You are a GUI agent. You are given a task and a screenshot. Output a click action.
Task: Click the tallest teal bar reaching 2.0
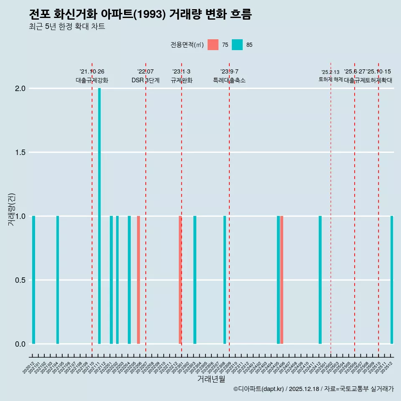click(x=99, y=216)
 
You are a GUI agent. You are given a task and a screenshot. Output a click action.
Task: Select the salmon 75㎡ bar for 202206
click(x=138, y=280)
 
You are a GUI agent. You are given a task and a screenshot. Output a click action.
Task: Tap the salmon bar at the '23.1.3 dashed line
click(x=180, y=280)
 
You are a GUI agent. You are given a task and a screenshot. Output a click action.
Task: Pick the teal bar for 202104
click(x=58, y=280)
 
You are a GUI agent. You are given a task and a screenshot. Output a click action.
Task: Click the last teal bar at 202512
click(x=392, y=280)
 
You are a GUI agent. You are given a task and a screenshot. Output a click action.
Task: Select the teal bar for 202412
click(x=320, y=280)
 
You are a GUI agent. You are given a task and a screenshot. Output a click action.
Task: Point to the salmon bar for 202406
click(x=282, y=280)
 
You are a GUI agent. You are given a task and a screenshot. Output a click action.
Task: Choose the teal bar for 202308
click(x=225, y=280)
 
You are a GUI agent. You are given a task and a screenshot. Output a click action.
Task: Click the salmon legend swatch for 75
click(x=213, y=45)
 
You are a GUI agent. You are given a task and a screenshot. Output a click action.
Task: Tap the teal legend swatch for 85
click(x=237, y=45)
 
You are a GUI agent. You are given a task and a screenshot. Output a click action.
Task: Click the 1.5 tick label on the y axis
click(x=20, y=152)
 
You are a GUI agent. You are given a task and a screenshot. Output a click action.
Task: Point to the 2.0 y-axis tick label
click(x=20, y=89)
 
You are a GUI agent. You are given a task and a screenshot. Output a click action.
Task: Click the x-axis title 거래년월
click(x=211, y=379)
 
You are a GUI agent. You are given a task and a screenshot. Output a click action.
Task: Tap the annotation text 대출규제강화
click(x=92, y=80)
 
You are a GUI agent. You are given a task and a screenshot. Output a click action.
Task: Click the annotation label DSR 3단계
click(x=145, y=80)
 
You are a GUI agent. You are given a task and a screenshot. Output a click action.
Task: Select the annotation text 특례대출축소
click(x=229, y=80)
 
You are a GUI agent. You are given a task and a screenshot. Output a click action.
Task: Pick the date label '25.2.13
click(x=330, y=72)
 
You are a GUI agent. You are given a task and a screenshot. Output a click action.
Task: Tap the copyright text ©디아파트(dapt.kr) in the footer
click(x=259, y=389)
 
